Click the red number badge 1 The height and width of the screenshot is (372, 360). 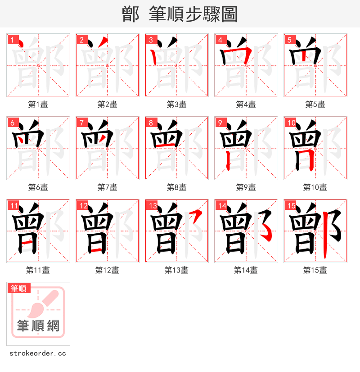12,40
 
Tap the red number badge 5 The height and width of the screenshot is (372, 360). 289,40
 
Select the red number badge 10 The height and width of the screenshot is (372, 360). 291,122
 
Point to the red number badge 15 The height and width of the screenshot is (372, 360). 291,205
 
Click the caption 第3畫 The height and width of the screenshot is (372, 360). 176,104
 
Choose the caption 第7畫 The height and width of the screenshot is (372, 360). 107,187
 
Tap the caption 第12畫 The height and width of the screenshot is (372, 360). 107,270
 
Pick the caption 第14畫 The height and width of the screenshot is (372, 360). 246,270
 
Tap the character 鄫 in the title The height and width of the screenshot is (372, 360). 130,14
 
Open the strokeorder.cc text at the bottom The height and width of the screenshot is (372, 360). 37,354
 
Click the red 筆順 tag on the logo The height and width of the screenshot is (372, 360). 19,288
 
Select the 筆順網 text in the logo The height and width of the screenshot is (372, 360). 38,325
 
